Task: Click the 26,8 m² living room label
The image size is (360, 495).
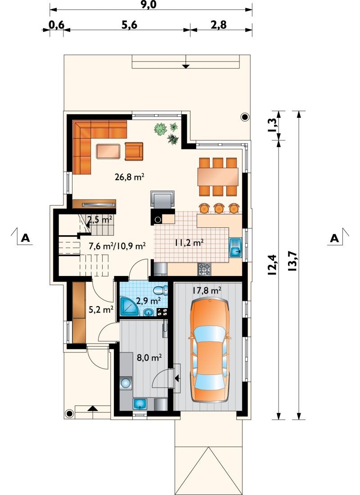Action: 130,177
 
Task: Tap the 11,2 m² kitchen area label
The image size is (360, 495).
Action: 189,242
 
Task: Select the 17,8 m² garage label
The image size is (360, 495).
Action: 207,290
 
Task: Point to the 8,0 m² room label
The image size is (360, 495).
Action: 149,358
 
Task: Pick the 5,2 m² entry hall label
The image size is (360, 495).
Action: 101,310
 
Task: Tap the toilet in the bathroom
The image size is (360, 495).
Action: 161,290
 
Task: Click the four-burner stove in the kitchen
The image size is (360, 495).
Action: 204,269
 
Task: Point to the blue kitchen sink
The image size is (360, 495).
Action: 235,247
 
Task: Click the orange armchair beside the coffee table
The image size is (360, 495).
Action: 134,151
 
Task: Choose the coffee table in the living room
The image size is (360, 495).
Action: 108,151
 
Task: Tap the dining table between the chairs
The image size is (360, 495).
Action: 218,177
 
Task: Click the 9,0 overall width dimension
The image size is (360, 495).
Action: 151,5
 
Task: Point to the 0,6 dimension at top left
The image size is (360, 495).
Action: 57,25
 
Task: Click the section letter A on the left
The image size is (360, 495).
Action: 25,238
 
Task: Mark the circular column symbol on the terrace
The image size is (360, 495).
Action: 245,117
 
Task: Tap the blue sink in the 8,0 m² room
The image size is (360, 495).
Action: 140,404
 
